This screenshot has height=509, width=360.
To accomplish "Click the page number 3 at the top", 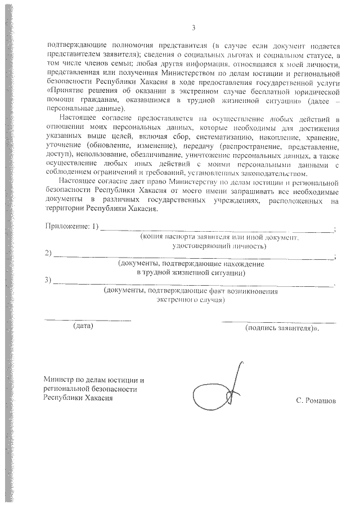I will pos(193,28).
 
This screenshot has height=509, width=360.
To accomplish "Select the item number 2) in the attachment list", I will pos(48,253).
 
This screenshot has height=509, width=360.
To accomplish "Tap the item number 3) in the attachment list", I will pos(48,280).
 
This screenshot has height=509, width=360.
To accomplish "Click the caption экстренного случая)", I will pos(191,300).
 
